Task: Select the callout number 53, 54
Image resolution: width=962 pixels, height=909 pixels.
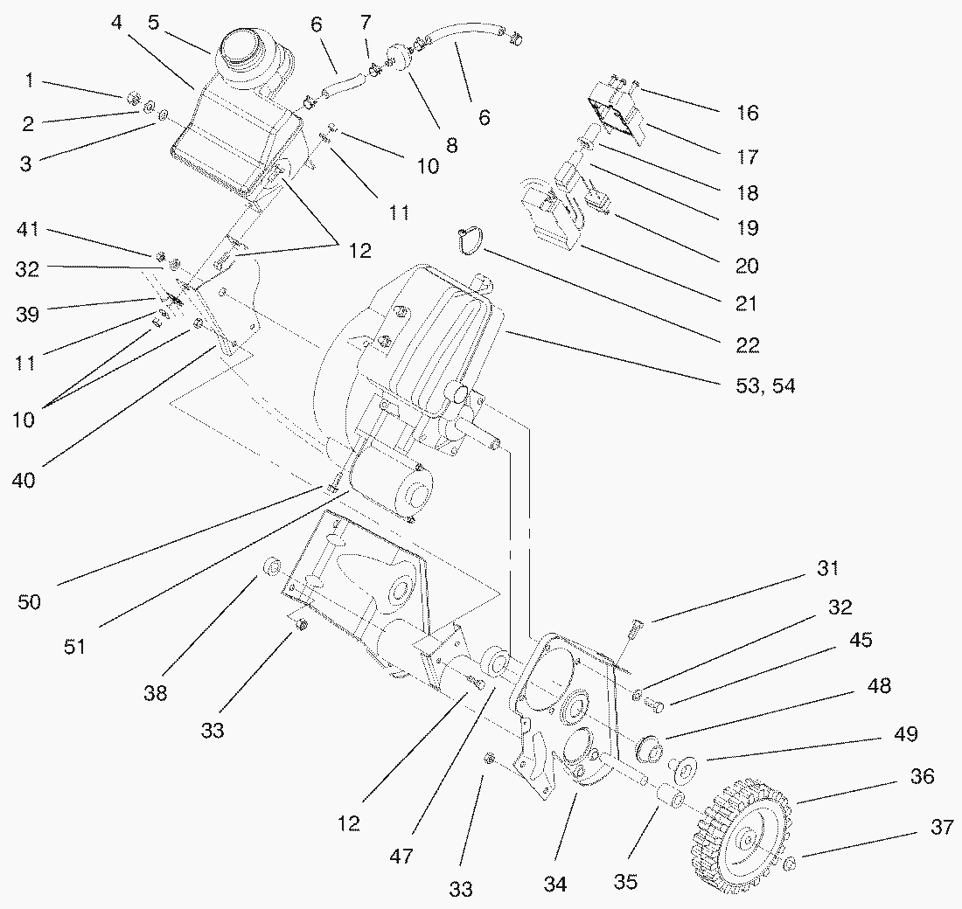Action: point(764,385)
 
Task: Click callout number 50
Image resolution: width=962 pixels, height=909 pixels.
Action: point(31,602)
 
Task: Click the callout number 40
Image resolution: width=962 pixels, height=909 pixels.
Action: point(24,480)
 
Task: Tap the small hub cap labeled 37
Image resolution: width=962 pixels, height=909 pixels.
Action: point(790,864)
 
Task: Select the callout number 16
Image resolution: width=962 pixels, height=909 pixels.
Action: point(748,113)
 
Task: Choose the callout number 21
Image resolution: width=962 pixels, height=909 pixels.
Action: point(746,304)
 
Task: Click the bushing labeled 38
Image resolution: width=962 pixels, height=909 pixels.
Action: point(270,569)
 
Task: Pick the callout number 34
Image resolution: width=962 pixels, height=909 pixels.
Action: point(554,885)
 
